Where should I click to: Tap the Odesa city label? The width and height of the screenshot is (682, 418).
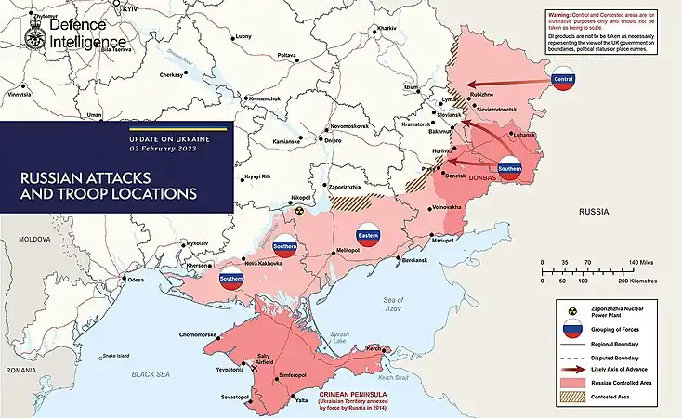click(x=137, y=280)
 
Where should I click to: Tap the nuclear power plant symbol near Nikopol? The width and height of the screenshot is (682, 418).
click(x=299, y=211)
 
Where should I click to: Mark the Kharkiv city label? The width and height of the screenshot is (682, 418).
click(x=386, y=29)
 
